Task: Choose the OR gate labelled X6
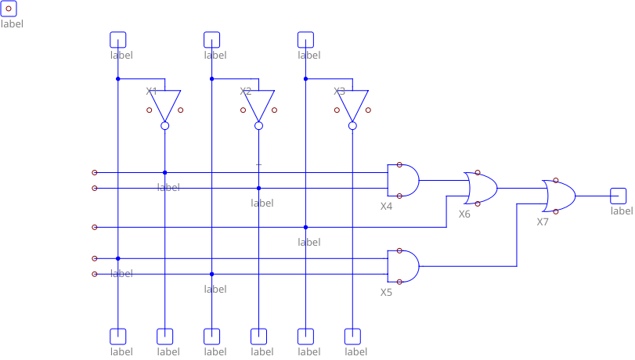click(x=482, y=188)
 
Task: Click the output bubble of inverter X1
click(x=164, y=125)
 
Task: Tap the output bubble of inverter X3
click(x=352, y=125)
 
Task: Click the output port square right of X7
click(x=619, y=196)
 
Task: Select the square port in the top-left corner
click(x=8, y=8)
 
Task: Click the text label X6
click(x=464, y=214)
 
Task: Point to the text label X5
click(x=386, y=293)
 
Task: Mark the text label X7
click(x=543, y=222)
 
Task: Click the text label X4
click(x=386, y=207)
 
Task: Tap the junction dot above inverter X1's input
click(x=117, y=78)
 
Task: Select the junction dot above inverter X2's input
click(x=211, y=78)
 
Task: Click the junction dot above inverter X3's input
click(x=305, y=78)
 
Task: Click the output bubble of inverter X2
click(x=258, y=125)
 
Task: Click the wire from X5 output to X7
click(x=517, y=235)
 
